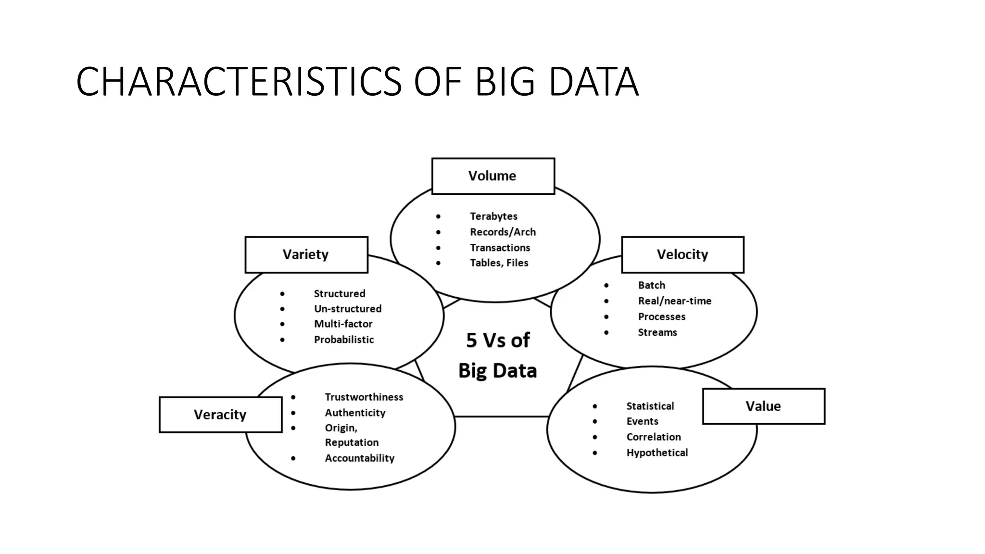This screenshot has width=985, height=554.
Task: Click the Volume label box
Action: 493,176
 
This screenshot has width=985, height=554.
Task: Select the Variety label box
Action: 306,254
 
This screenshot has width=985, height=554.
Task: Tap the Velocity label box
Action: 682,254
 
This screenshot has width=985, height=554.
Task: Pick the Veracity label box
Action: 220,415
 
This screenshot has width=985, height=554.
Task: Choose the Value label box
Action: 763,406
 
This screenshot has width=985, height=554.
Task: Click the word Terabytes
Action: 493,216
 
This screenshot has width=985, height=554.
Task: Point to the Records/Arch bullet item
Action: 503,232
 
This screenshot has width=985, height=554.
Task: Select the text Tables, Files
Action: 499,263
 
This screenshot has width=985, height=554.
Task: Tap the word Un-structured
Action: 348,309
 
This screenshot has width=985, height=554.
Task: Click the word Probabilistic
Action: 344,340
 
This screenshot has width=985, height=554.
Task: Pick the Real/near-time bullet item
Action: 674,301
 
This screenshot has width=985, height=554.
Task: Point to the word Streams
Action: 657,332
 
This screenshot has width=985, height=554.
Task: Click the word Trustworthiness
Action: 364,397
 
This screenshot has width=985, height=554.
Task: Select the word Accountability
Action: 359,458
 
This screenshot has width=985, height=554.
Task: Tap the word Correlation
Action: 654,437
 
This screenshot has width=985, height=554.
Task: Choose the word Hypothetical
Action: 657,453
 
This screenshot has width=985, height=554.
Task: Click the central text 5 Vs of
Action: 498,340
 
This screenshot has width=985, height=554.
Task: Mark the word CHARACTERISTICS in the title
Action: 239,82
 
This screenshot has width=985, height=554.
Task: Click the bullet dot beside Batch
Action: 606,286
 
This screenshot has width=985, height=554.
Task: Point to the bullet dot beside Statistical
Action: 595,406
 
